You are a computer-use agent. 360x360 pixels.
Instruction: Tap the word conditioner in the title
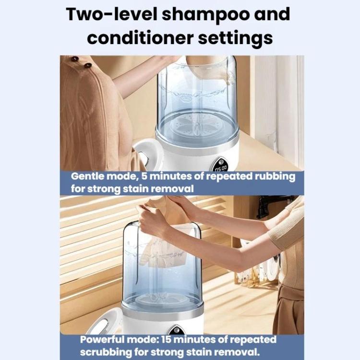[x=140, y=38]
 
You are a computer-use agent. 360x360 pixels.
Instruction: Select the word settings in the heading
[x=236, y=39]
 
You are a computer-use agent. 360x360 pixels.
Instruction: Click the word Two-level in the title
[x=111, y=14]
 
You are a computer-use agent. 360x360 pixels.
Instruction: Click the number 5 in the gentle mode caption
[x=144, y=176]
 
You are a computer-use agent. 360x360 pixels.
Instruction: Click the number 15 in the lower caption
[x=167, y=339]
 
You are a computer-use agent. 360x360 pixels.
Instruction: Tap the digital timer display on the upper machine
[x=221, y=168]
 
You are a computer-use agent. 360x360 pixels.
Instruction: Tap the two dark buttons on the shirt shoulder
[x=81, y=62]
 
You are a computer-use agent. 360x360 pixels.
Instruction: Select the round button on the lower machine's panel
[x=176, y=330]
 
